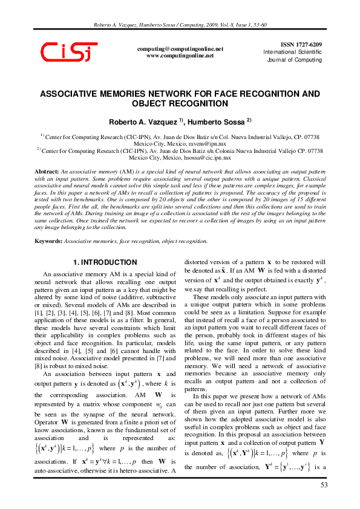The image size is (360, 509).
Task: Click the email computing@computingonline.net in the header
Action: click(x=180, y=48)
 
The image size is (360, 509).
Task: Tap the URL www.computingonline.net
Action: click(x=180, y=55)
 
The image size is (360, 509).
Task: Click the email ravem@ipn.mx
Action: click(x=209, y=144)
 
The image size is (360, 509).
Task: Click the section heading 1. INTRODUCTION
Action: click(x=105, y=262)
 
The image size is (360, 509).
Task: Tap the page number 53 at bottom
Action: click(x=322, y=485)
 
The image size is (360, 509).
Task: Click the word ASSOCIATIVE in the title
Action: click(x=73, y=94)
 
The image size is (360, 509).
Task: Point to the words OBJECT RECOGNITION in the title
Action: click(x=180, y=104)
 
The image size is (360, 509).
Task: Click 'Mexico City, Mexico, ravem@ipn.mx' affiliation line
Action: click(x=180, y=144)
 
